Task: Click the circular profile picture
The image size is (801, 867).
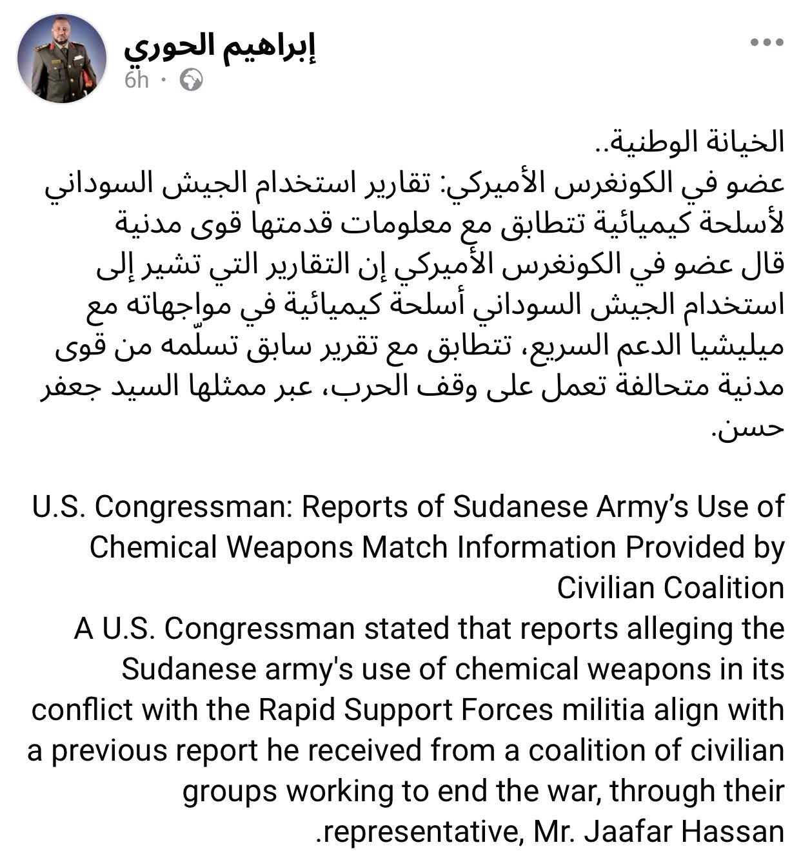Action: pos(62,59)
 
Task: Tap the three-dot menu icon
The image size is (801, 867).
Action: pos(767,43)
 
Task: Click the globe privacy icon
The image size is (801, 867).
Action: pos(192,80)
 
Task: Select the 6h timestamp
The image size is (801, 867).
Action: pos(137,80)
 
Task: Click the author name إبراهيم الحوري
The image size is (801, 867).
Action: pos(221,46)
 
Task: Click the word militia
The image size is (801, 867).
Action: pos(603,710)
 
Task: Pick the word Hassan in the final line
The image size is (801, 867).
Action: pos(733,832)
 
